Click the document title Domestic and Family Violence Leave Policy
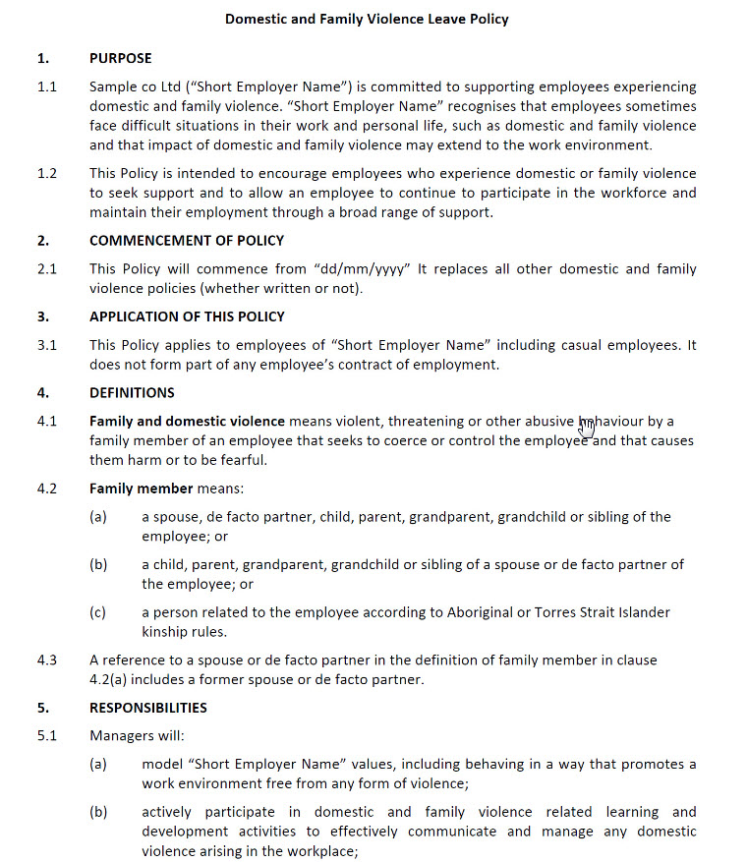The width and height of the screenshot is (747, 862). click(367, 19)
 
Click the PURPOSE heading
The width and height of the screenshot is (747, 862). click(121, 58)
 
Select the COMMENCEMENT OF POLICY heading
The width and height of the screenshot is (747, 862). click(187, 241)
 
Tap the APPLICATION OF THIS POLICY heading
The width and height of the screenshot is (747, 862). click(187, 316)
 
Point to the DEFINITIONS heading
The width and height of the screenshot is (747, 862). click(132, 393)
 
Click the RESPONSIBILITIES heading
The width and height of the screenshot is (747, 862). click(147, 708)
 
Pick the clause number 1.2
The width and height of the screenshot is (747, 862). click(47, 174)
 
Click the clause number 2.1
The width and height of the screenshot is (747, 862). click(47, 269)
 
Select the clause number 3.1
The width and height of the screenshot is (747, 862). click(47, 345)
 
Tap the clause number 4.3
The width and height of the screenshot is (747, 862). click(47, 661)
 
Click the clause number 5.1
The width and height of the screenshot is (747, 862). click(47, 736)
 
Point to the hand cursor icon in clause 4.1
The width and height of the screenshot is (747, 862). click(588, 425)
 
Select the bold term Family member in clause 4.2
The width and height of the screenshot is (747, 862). click(141, 488)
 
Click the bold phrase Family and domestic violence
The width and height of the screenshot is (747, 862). click(187, 422)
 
